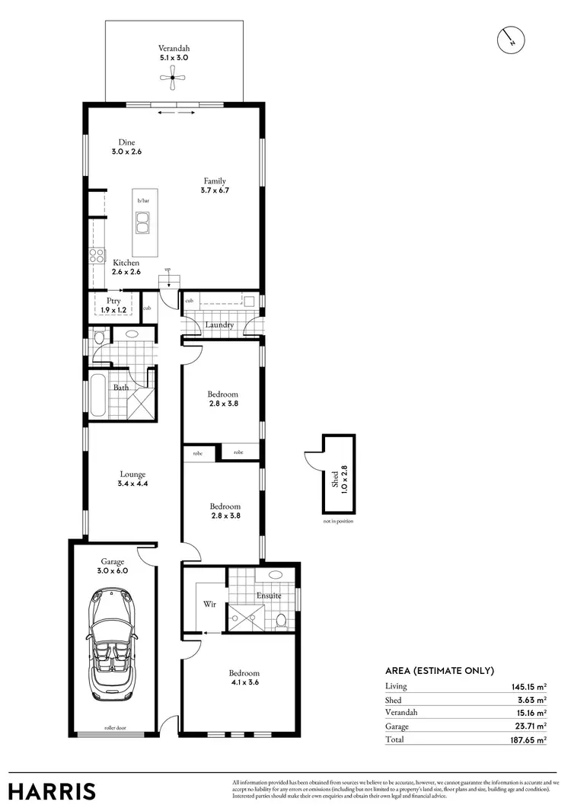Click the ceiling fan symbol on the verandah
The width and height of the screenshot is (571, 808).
[173, 75]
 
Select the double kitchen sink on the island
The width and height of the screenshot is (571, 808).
[143, 222]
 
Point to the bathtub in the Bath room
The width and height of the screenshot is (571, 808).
[97, 395]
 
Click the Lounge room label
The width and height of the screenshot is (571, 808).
[132, 479]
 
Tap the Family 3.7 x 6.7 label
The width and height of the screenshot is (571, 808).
[214, 186]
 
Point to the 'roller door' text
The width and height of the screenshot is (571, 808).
[116, 727]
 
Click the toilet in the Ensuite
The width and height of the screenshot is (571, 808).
[280, 621]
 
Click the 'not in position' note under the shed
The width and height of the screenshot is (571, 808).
[338, 521]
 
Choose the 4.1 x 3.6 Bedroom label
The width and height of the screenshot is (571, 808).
[244, 678]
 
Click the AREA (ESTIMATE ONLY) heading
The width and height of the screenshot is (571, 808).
[440, 670]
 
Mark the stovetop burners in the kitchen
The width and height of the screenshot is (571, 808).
[97, 256]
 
